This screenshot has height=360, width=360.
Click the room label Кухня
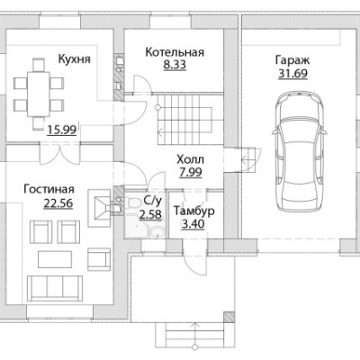pos(74,59)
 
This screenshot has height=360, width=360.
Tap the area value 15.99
pos(61,130)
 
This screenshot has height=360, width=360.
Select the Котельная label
pos(175,52)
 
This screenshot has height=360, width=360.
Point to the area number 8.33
pos(175,65)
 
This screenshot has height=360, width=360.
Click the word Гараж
pos(292,60)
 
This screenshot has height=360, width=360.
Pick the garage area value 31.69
pos(292,74)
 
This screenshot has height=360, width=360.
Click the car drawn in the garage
pos(299,151)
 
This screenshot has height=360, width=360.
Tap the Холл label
pos(190,159)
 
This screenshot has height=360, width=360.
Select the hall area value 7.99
pos(190,173)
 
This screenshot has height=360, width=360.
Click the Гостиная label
pos(49,189)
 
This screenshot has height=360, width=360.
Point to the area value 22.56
pos(58,203)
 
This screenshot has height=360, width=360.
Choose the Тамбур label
pos(193,211)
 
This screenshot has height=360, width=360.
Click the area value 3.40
pos(193,224)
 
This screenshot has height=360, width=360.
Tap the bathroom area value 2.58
pos(150,214)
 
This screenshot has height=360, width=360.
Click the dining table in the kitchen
pos(39,94)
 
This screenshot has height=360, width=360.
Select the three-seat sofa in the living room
pos(55,288)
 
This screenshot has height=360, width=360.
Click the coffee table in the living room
pos(55,259)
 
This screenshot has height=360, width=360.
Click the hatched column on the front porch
pos(229,317)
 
